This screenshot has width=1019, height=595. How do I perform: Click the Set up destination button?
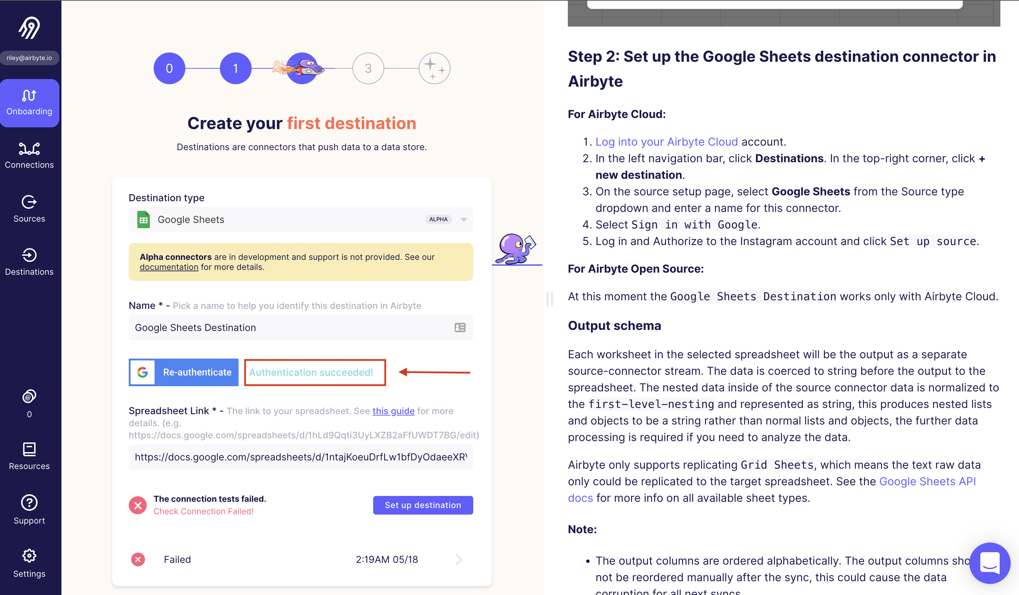coord(423,505)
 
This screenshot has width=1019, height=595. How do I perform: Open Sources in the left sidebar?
coord(29,208)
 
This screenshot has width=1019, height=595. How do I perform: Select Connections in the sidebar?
coord(29,155)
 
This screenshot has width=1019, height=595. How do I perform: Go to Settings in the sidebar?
coord(29,563)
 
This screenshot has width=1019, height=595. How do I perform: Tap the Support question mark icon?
coord(29,503)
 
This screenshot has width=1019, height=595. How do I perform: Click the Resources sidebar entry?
coord(29,456)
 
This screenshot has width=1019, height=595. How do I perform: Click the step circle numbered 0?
coord(169,68)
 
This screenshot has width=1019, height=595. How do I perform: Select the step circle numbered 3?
coord(368,68)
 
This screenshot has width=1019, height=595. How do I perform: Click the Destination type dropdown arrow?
coord(464,220)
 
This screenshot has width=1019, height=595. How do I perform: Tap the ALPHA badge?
coord(438,220)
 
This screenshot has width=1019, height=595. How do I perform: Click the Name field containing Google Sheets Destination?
coord(291,328)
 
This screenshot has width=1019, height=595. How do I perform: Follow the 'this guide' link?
coord(393,411)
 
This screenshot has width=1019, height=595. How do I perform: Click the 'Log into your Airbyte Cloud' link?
coord(667,142)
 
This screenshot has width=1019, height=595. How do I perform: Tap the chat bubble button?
coord(989,563)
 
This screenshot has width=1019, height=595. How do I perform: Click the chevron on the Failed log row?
coord(458,559)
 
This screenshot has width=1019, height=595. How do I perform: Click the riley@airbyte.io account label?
coord(29,58)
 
